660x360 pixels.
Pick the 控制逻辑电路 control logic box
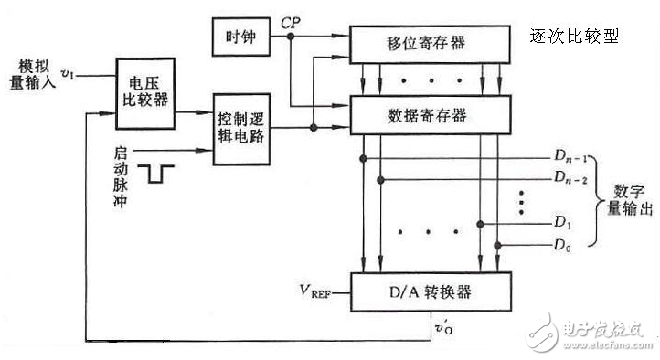point(241,128)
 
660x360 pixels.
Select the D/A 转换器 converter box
point(429,292)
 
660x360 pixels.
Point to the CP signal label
point(291,21)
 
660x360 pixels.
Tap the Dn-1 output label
point(569,160)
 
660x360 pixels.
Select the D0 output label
point(564,246)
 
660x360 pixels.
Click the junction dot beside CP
point(291,37)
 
